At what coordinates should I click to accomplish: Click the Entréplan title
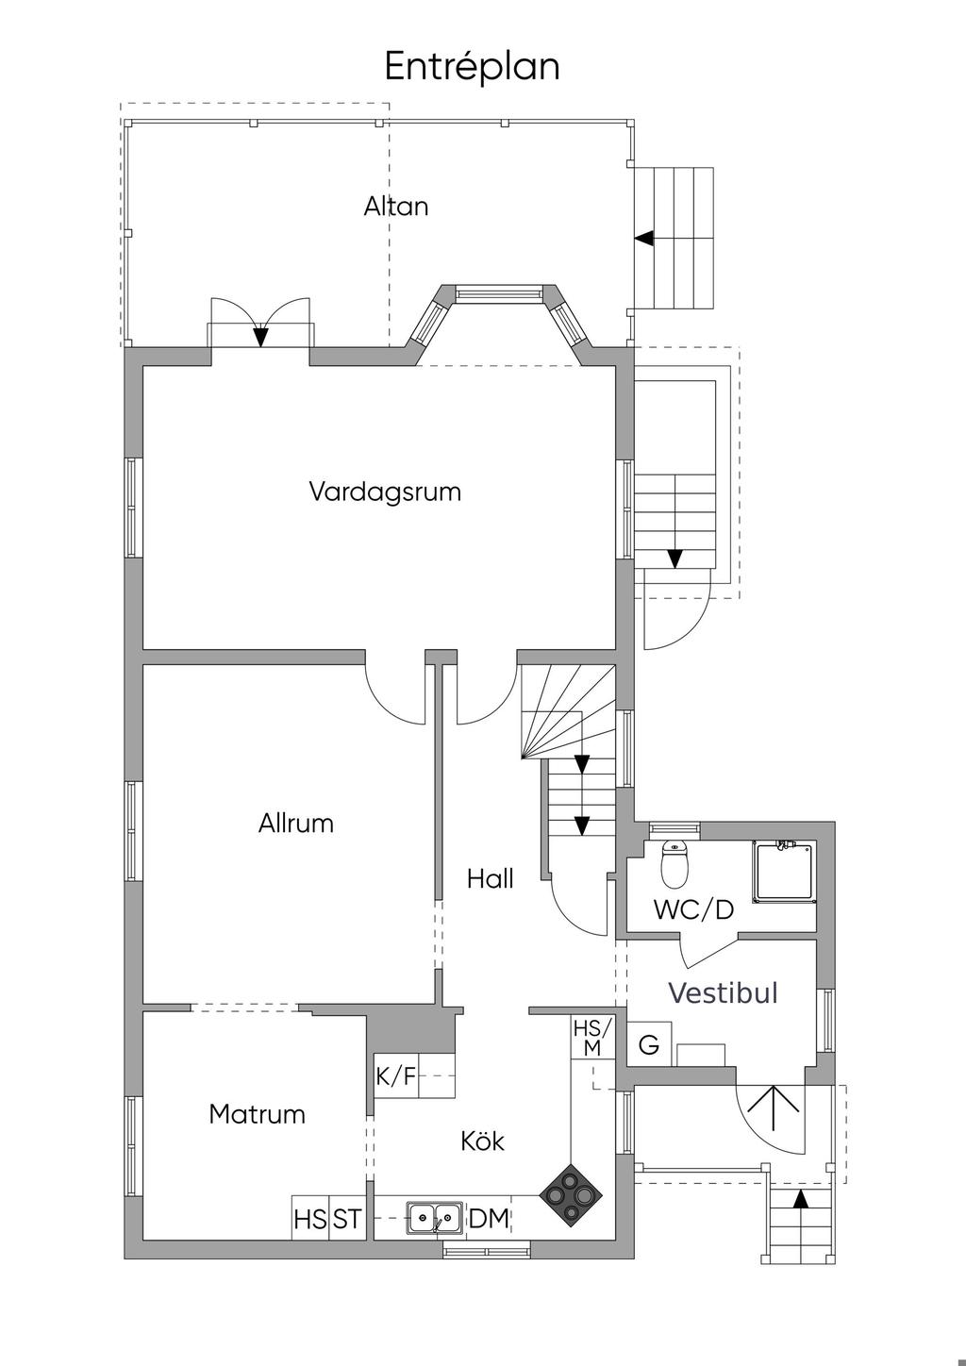click(472, 67)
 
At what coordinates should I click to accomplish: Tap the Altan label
click(396, 207)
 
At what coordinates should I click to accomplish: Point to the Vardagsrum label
click(385, 491)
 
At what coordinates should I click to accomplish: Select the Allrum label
click(296, 824)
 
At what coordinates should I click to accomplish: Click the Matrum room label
click(257, 1114)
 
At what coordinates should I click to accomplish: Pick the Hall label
click(491, 879)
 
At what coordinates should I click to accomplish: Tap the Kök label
click(483, 1141)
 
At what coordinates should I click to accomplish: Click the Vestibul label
click(724, 992)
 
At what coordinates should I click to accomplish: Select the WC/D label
click(693, 910)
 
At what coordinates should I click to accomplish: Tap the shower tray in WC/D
click(783, 872)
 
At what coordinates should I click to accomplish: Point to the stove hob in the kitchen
click(570, 1196)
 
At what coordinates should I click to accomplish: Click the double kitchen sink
click(435, 1218)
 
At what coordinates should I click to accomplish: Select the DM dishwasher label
click(489, 1219)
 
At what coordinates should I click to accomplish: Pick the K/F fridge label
click(396, 1076)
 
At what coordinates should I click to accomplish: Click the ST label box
click(346, 1219)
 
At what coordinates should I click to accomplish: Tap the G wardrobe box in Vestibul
click(649, 1045)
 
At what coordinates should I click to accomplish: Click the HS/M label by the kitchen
click(592, 1037)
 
